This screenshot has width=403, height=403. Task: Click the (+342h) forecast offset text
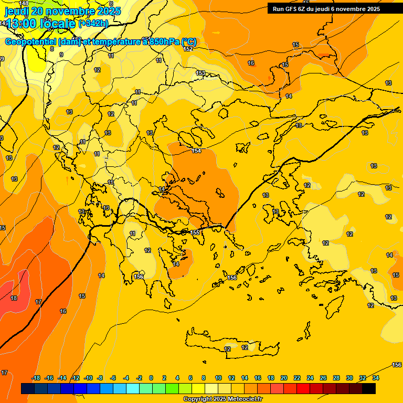click(93, 23)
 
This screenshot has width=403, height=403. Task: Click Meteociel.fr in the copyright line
click(243, 399)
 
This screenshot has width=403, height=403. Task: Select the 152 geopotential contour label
click(188, 49)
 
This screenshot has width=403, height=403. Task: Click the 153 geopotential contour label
click(200, 73)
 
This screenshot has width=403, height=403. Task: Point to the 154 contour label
click(196, 151)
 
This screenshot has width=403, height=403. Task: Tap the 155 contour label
click(195, 232)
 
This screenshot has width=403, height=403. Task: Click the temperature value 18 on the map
click(14, 298)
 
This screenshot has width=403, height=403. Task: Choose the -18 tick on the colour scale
click(36, 378)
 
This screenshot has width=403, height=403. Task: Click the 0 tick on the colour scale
click(151, 378)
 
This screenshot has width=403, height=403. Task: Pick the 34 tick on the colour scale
click(376, 378)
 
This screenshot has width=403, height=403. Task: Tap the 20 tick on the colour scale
click(284, 378)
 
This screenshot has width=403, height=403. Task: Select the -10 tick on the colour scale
click(88, 378)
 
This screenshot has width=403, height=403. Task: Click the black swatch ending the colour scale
click(369, 388)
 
